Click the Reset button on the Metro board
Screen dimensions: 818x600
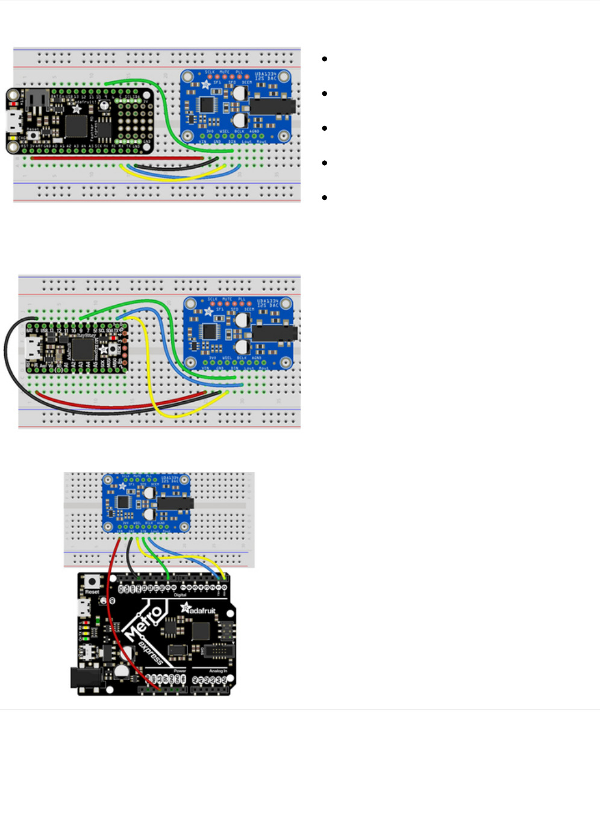tap(92, 582)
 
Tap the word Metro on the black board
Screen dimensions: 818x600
tap(143, 623)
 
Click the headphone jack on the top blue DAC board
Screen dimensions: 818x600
tap(273, 107)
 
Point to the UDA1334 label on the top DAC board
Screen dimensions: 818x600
tap(266, 75)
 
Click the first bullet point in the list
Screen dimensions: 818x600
tap(325, 59)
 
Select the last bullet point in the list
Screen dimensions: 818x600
tap(325, 198)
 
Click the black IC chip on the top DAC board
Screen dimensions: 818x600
tap(207, 105)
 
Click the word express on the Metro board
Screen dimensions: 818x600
tap(150, 654)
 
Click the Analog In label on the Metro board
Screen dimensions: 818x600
tap(217, 670)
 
